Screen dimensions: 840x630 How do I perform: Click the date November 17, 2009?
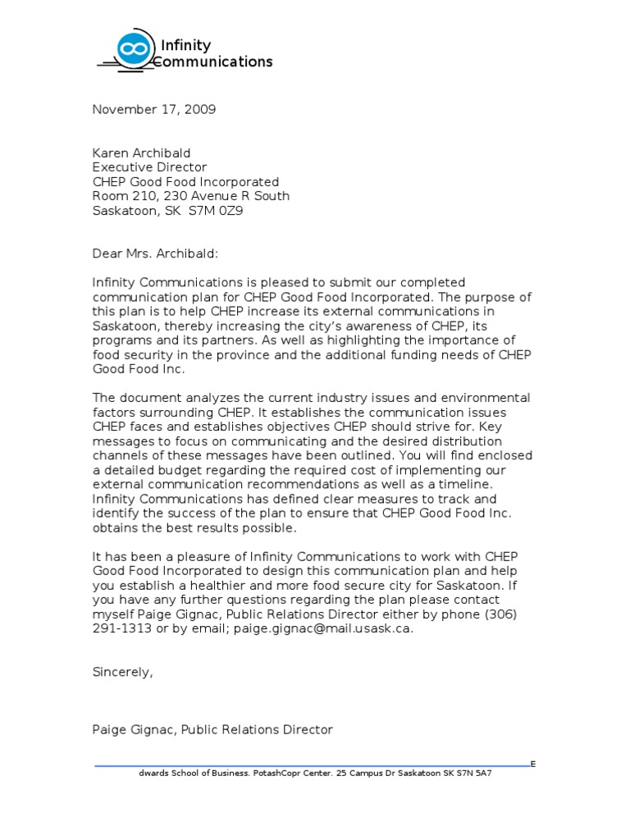coord(153,110)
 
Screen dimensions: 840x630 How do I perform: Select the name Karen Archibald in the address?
coord(140,153)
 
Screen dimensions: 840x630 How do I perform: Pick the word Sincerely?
coord(121,672)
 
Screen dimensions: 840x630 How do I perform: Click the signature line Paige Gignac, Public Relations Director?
coord(212,729)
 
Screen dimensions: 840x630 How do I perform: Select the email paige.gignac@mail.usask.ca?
coord(322,629)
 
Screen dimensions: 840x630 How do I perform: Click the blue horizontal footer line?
coord(312,765)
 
